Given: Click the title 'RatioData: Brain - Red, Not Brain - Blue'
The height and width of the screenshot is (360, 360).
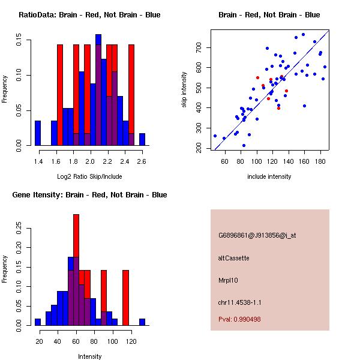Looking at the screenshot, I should (x=89, y=14).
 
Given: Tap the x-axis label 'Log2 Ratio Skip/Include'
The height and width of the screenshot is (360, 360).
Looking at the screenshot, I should (x=89, y=176).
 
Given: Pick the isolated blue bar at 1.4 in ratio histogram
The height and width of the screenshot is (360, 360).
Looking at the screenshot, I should (x=37, y=133).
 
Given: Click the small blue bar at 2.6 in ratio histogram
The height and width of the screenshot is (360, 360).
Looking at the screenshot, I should (x=142, y=139).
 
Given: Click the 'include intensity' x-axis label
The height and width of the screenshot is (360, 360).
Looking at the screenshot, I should (x=269, y=176).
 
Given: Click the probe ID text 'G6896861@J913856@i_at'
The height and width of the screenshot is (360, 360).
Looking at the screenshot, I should (x=257, y=236).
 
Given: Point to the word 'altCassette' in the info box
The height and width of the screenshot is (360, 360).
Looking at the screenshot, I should (x=234, y=258).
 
